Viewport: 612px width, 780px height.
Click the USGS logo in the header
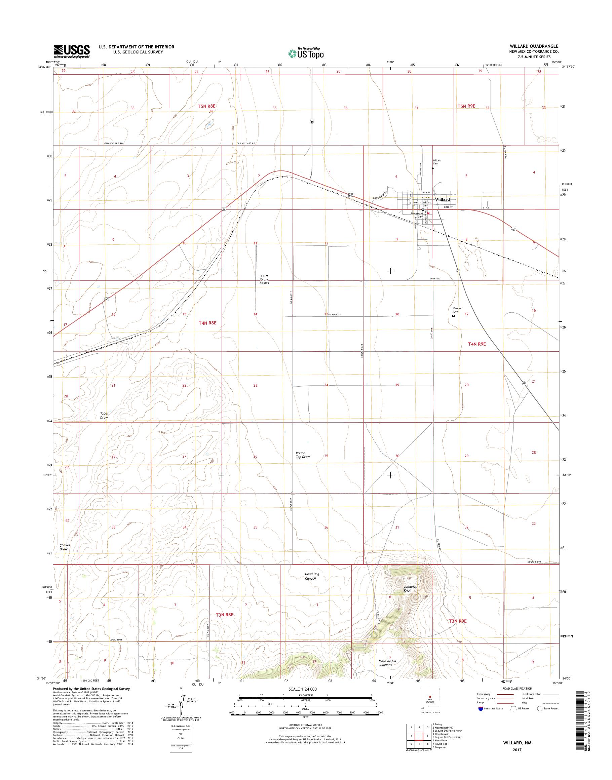coord(72,51)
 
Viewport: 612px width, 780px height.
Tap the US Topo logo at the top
coord(306,53)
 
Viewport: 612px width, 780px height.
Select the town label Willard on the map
coord(442,200)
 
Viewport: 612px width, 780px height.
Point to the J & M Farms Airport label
coord(264,279)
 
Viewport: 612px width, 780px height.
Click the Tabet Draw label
coord(104,415)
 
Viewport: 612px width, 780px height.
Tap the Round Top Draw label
coord(303,455)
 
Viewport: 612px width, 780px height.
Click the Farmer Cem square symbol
coord(453,316)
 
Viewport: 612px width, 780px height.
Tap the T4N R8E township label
coord(207,323)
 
